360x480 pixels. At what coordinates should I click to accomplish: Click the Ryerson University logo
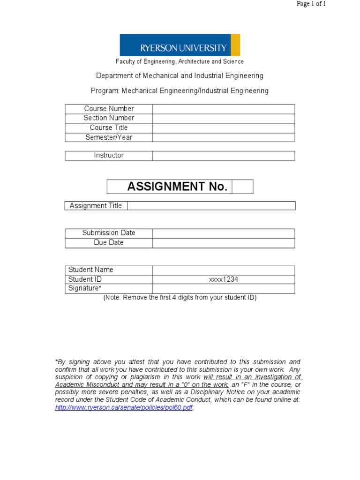point(180,45)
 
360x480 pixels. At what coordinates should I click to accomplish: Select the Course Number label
point(109,109)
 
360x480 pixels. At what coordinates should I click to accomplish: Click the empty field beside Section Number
point(224,118)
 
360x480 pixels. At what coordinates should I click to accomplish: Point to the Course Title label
point(109,127)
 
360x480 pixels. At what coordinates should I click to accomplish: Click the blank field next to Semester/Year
point(224,137)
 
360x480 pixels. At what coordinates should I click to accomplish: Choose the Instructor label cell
point(109,156)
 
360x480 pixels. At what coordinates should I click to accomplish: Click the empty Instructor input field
point(224,156)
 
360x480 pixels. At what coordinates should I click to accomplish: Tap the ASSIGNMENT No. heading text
point(177,187)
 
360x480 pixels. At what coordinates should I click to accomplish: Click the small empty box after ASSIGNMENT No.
point(242,187)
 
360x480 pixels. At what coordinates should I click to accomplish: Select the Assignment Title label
point(96,206)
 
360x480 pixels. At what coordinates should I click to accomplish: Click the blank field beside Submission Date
point(224,233)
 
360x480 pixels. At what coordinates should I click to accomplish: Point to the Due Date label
point(109,243)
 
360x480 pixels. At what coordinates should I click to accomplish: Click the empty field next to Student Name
point(224,270)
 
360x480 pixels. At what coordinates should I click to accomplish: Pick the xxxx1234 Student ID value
point(224,279)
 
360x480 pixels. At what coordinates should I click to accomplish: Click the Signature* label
point(85,288)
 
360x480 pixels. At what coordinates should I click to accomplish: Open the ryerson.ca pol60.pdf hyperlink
point(124,408)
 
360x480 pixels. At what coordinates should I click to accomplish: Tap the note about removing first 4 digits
point(180,298)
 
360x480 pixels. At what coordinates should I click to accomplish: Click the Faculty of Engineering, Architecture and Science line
point(180,61)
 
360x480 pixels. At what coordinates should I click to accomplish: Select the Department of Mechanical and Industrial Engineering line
point(180,75)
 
